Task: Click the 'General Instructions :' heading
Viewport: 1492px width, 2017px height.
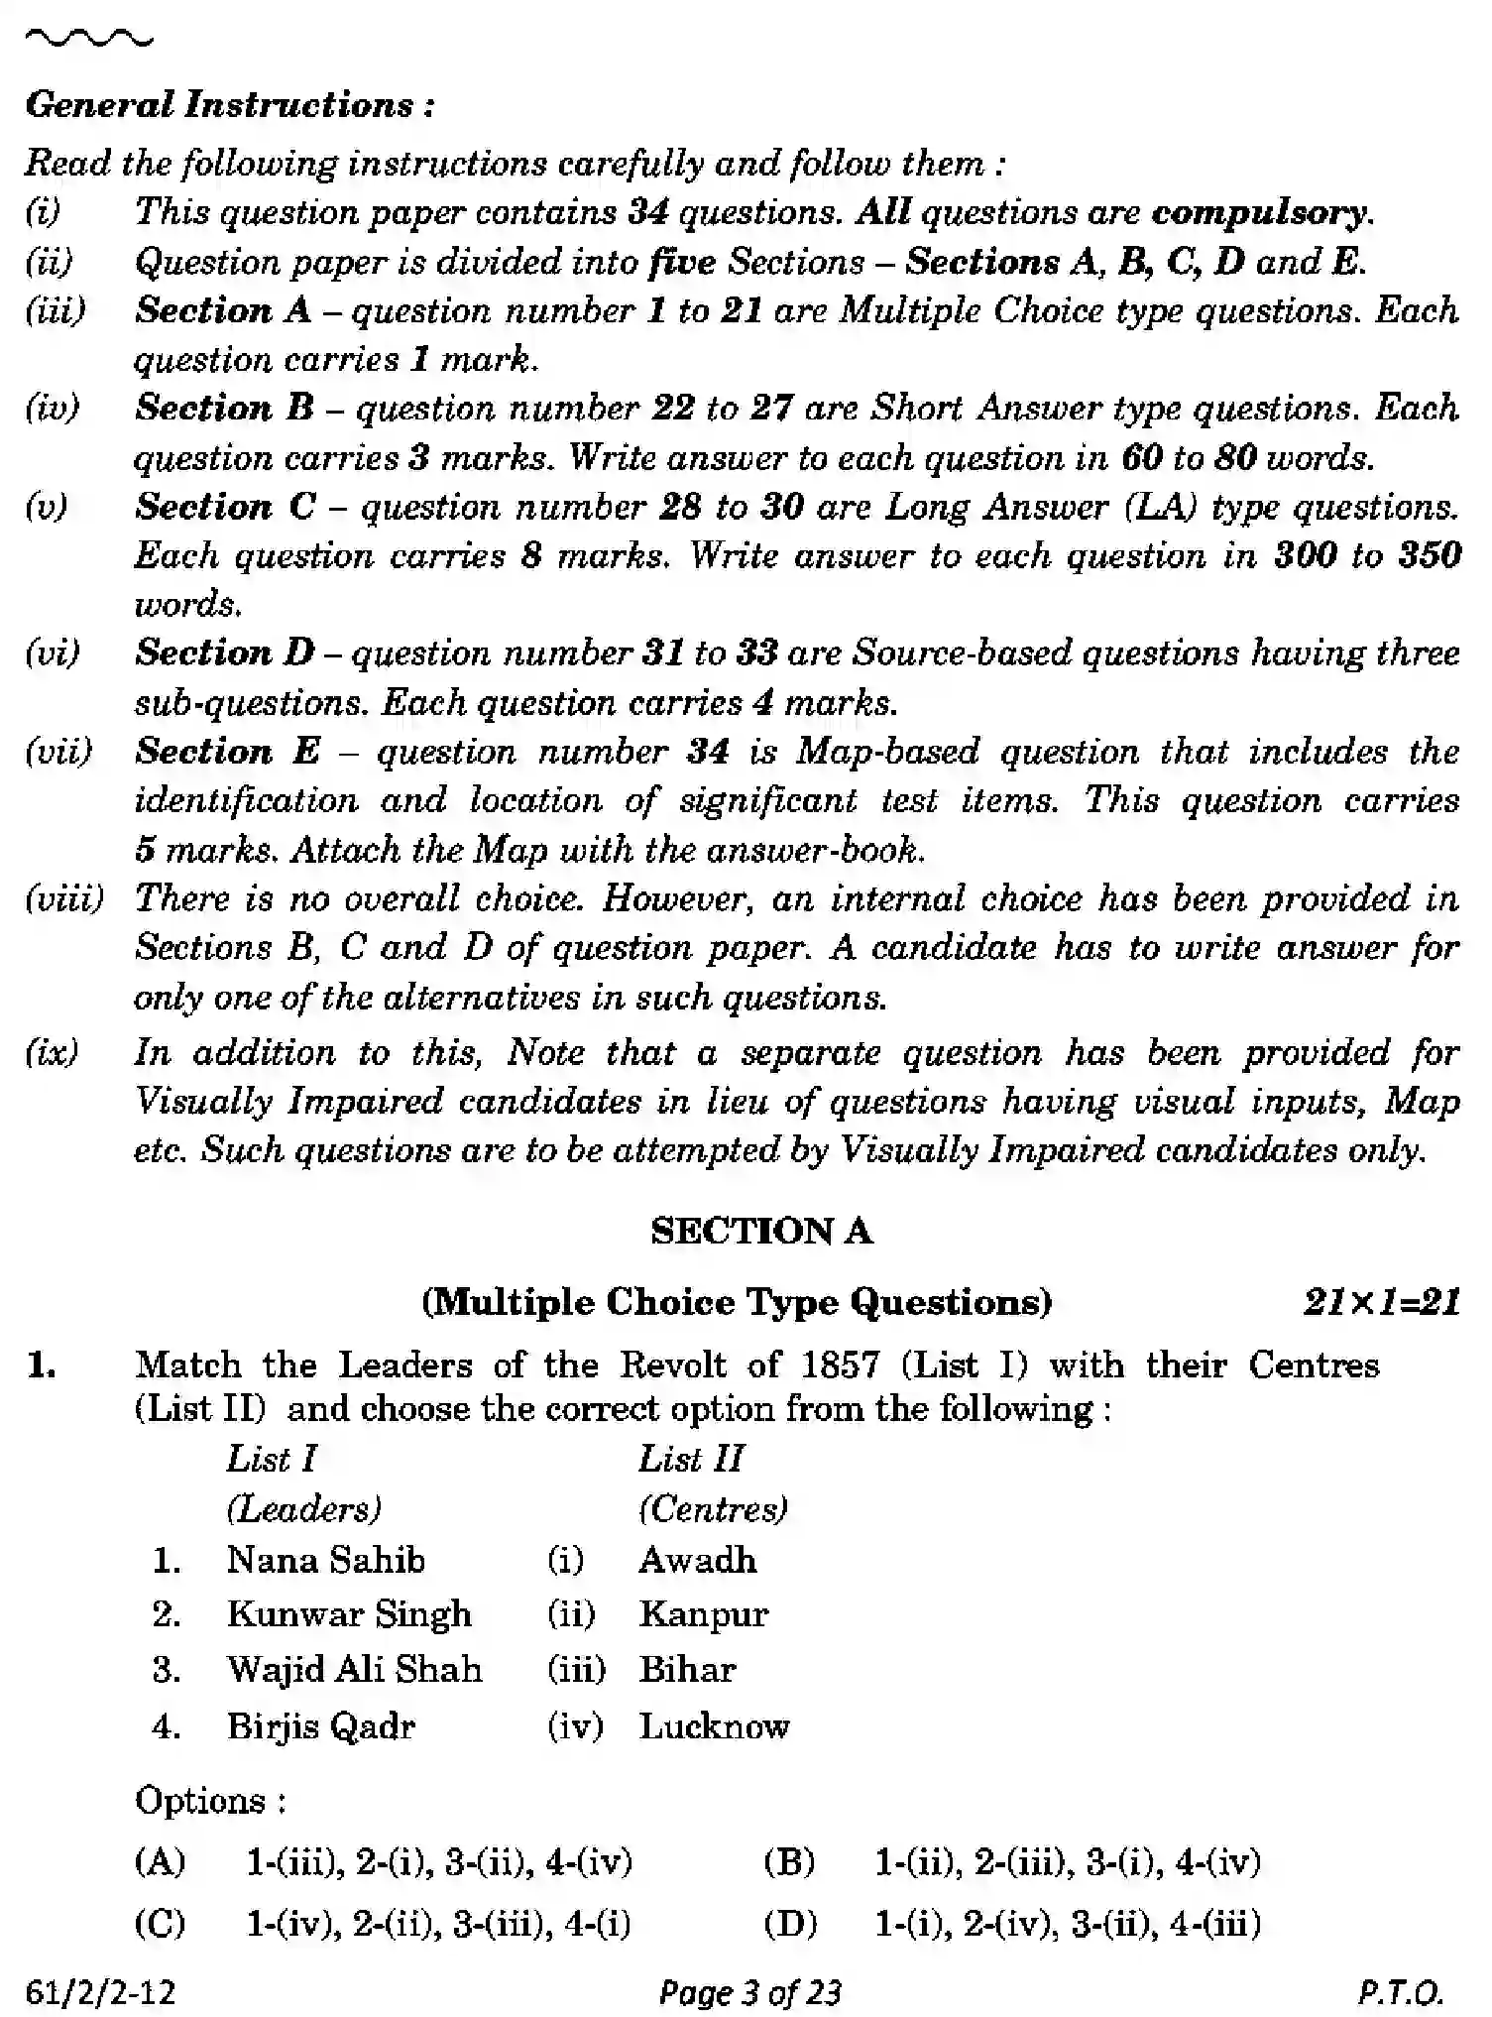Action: click(x=229, y=105)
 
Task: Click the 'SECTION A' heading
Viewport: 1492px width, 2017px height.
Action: click(x=761, y=1232)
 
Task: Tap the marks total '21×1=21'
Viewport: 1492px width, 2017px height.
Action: click(x=1382, y=1302)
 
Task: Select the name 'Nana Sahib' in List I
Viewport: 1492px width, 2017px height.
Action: click(x=325, y=1561)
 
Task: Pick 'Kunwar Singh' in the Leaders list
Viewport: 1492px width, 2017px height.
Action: click(x=349, y=1614)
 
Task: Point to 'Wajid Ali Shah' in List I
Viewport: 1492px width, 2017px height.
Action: click(x=354, y=1669)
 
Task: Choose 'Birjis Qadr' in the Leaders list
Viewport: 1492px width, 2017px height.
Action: click(x=320, y=1726)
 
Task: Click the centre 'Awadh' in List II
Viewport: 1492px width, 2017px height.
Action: click(x=697, y=1561)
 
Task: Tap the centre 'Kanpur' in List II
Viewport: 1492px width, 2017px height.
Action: click(x=703, y=1615)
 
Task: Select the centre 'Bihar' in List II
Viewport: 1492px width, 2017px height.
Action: click(x=687, y=1670)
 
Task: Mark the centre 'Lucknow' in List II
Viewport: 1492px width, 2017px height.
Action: click(x=714, y=1726)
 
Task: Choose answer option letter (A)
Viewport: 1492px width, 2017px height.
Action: click(x=160, y=1862)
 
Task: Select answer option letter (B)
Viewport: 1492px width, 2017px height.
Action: click(x=789, y=1862)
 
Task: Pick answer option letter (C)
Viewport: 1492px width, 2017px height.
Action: click(x=160, y=1925)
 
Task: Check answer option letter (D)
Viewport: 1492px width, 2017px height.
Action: click(x=789, y=1925)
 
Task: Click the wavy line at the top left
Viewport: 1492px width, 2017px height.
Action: click(x=89, y=39)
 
